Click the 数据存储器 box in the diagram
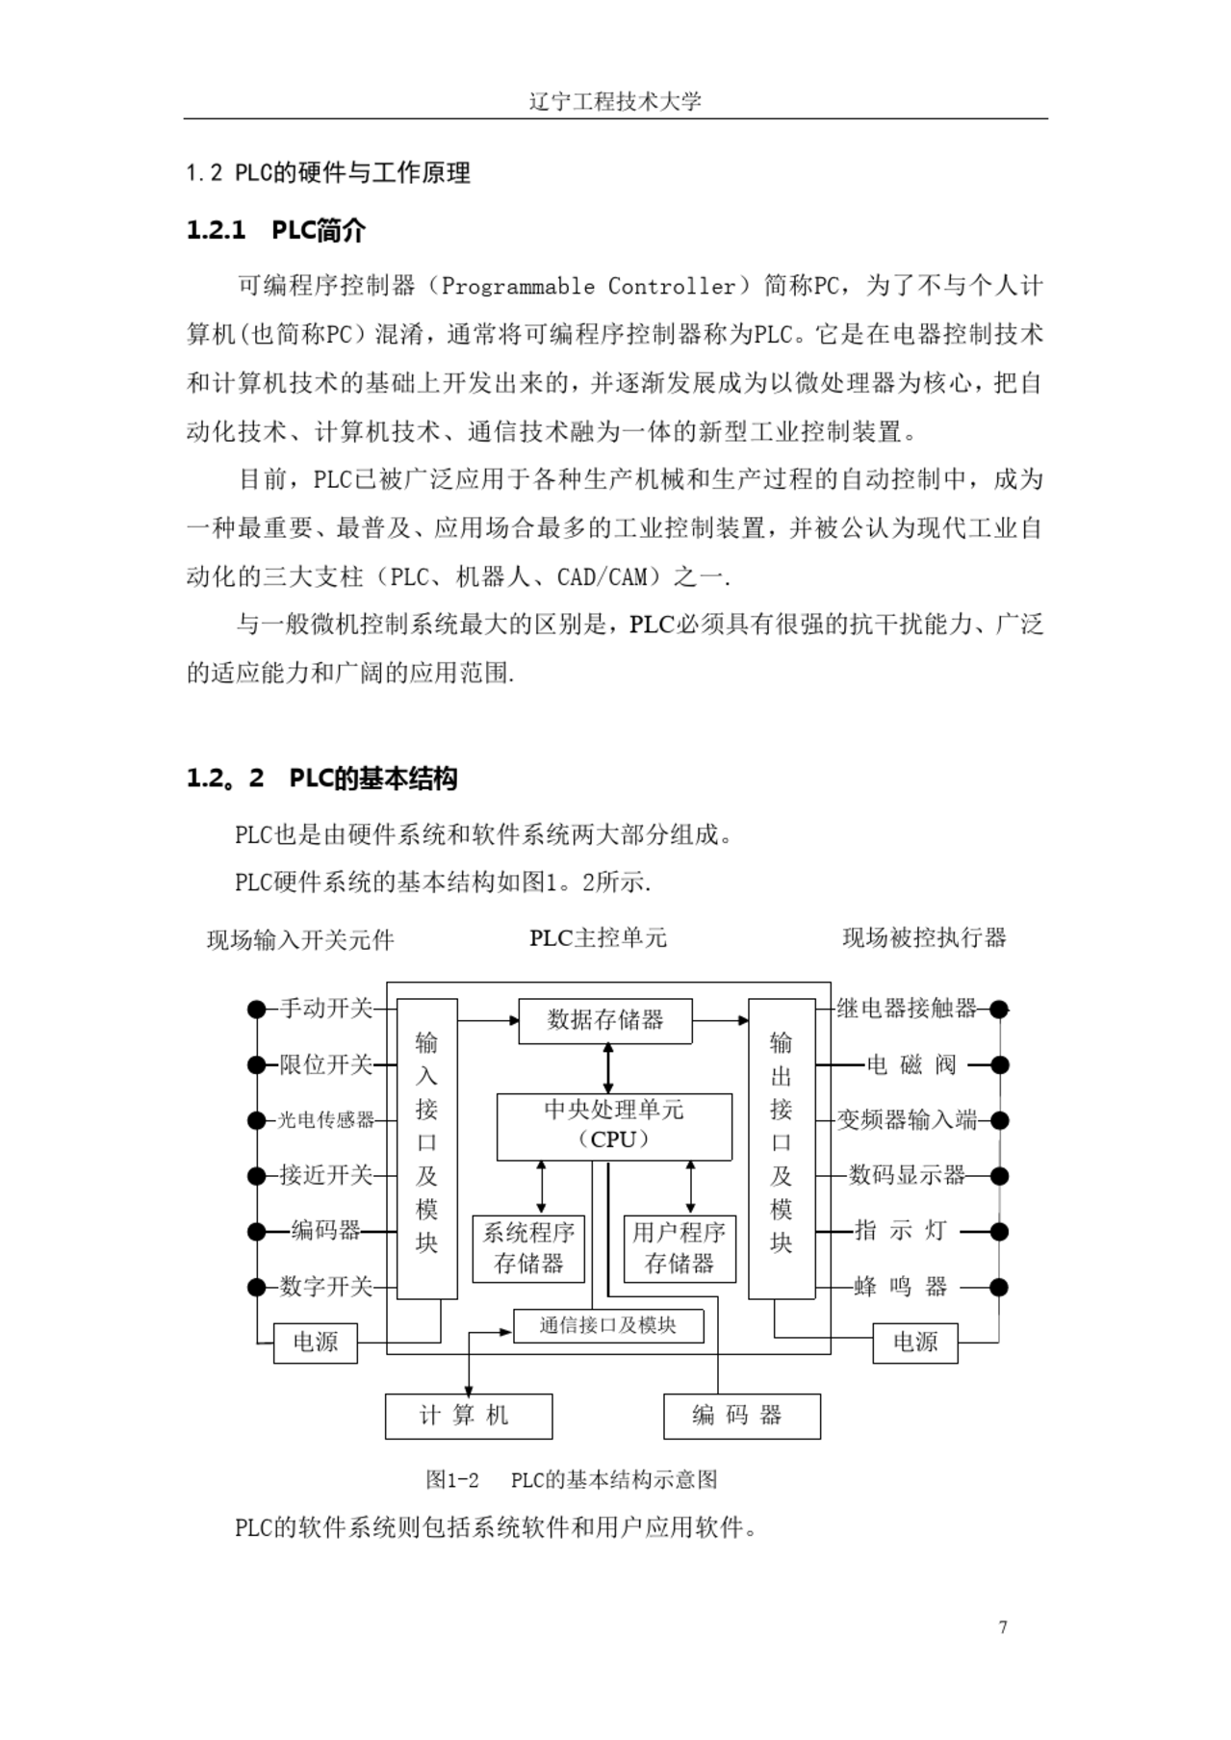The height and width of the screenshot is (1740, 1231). [x=605, y=1021]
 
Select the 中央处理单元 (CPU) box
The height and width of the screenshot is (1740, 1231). [x=614, y=1126]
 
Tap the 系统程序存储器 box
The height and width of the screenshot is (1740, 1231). [x=528, y=1249]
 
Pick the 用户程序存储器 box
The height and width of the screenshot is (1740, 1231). [x=679, y=1249]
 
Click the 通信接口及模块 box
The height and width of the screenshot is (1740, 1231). [x=608, y=1326]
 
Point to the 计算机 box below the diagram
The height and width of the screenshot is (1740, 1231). [x=469, y=1416]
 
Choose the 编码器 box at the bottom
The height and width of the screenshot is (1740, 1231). [x=742, y=1416]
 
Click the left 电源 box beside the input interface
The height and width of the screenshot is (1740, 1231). [x=316, y=1343]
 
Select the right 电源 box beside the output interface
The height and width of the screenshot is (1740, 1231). [x=915, y=1343]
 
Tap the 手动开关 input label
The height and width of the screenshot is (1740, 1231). [x=326, y=1009]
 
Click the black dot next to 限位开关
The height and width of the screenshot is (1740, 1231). [x=256, y=1065]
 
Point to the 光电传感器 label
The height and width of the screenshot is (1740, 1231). [x=326, y=1120]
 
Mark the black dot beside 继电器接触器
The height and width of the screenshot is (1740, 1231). [x=999, y=1010]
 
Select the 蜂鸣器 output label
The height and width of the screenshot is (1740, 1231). [x=901, y=1287]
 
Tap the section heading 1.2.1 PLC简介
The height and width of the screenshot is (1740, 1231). [x=276, y=231]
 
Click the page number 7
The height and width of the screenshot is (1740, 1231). [x=1003, y=1627]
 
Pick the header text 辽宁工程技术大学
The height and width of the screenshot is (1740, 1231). [x=615, y=101]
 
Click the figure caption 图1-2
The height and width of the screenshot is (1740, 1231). [x=452, y=1479]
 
